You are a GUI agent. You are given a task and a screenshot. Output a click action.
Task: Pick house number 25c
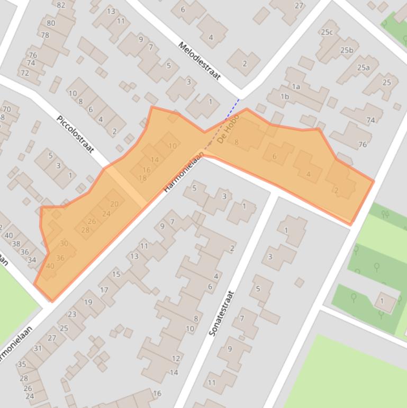327,32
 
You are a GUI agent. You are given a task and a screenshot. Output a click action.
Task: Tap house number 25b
347,50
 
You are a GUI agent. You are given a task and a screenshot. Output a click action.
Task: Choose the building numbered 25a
363,67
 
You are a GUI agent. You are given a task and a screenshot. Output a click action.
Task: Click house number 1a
296,86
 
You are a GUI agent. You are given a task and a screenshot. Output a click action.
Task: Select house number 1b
285,96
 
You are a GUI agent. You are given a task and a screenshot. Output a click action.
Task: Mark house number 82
61,5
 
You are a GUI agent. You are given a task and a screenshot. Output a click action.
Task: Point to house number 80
51,23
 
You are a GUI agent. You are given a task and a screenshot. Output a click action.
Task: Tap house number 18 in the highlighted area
142,178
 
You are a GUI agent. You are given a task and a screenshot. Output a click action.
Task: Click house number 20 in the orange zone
114,204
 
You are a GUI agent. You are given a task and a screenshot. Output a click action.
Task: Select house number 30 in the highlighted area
64,243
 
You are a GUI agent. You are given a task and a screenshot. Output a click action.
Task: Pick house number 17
104,290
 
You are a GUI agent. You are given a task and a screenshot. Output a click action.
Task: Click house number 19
87,303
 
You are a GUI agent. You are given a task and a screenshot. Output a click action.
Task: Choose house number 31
38,348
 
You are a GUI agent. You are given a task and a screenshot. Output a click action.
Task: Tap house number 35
22,365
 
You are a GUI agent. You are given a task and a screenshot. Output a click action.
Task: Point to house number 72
24,73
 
